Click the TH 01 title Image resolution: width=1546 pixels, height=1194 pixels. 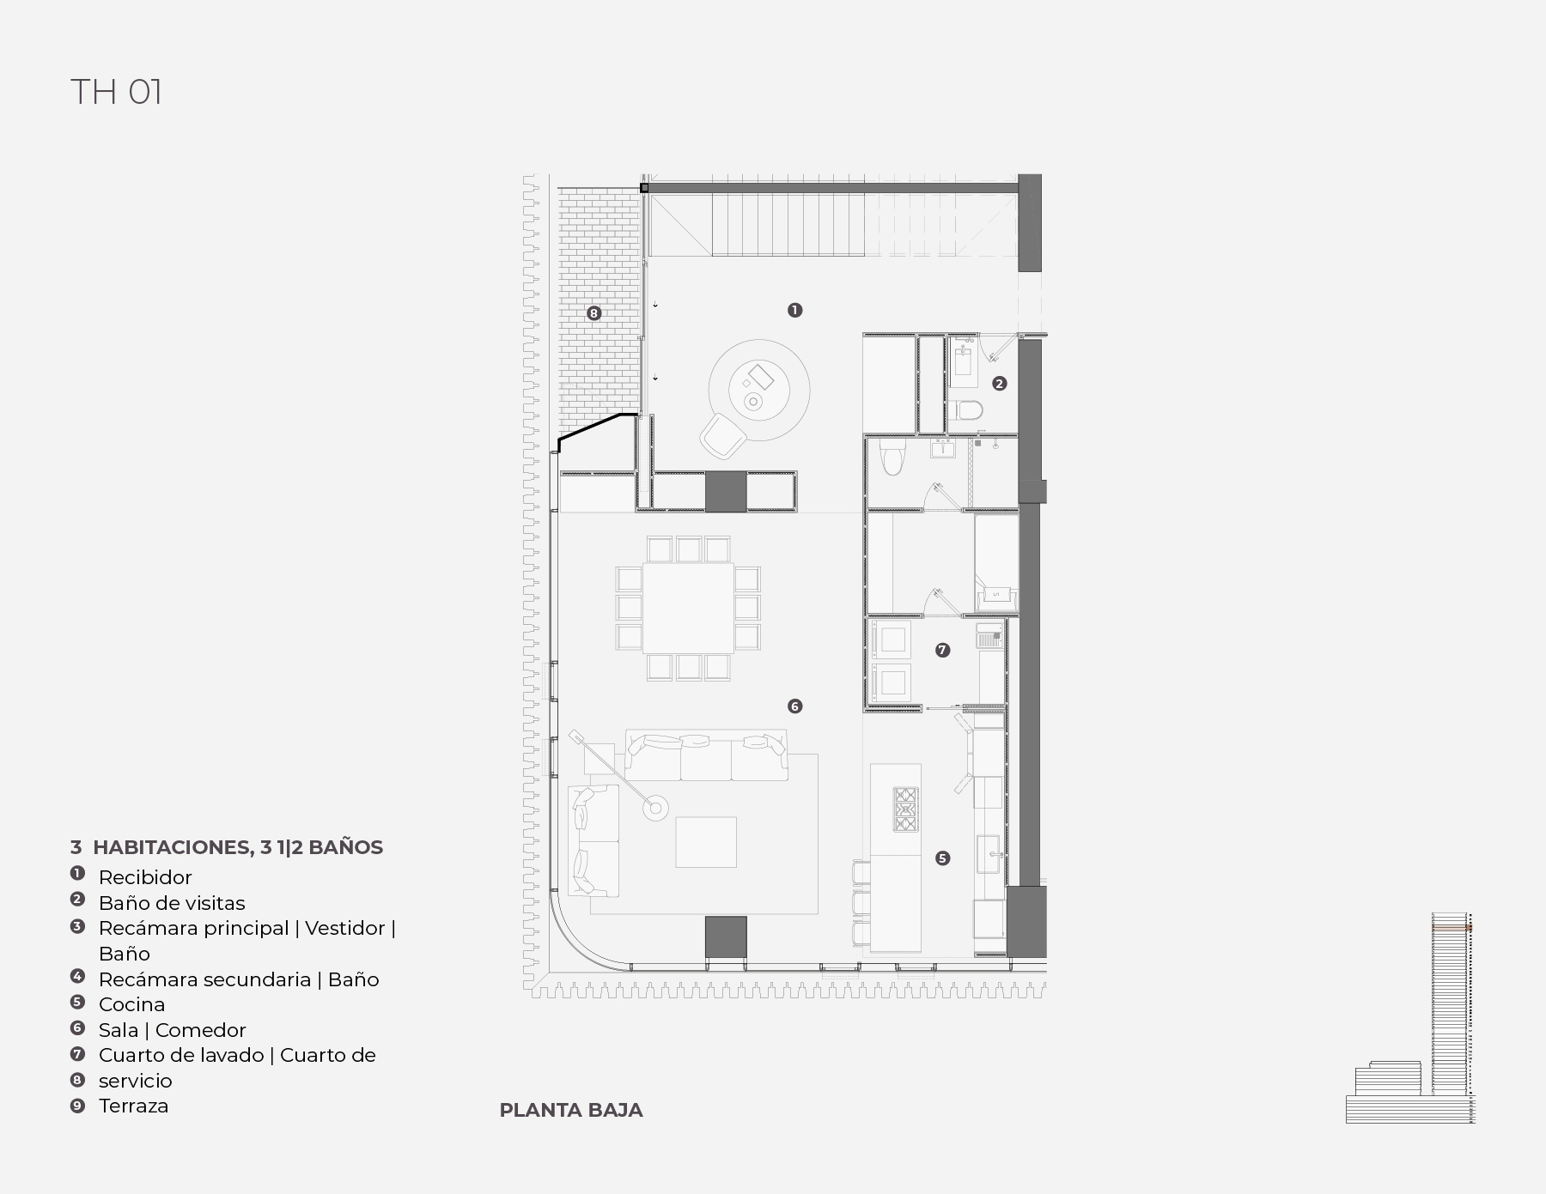116,92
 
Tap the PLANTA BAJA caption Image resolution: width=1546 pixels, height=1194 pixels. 571,1110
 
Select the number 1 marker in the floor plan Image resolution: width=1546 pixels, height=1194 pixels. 794,310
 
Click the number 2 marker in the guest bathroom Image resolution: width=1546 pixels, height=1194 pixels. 999,384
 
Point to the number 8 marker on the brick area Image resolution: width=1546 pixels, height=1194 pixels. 593,313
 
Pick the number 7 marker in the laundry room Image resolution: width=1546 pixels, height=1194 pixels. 942,651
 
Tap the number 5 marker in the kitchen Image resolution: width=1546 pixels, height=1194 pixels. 942,858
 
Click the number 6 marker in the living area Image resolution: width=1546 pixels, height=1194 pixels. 794,706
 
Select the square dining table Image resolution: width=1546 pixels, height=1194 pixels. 688,609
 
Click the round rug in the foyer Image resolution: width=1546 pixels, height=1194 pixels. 758,390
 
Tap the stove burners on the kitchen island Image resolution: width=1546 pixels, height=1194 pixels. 906,809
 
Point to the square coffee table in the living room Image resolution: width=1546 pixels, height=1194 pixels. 706,842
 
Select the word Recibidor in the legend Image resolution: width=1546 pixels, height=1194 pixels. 145,877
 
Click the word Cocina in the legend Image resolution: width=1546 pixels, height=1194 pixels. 131,1004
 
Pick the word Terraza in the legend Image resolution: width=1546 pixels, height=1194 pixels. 133,1106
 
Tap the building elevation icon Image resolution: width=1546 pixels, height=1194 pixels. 1410,1018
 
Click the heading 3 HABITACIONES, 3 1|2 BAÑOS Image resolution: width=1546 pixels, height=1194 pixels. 227,847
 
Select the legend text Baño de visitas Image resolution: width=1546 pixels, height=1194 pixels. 172,903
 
